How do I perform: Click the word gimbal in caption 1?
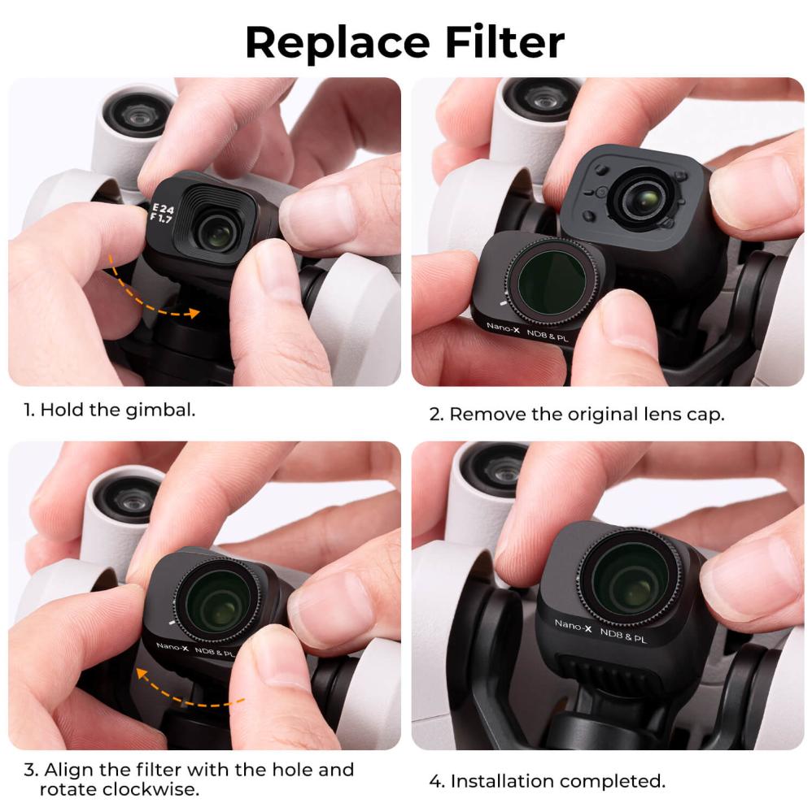pos(159,409)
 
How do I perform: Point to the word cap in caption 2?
pos(704,414)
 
